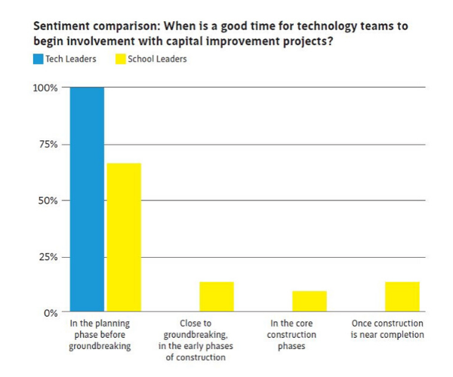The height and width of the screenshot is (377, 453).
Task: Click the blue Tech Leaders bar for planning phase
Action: coord(87,199)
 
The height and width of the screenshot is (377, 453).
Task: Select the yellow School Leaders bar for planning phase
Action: coord(124,237)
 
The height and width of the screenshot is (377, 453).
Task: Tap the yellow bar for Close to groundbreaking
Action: coord(217,296)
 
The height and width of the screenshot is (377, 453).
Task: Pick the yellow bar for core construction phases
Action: coord(310,301)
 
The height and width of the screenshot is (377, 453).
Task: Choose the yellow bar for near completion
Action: coord(402,296)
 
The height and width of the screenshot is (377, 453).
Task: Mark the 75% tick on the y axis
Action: coord(48,144)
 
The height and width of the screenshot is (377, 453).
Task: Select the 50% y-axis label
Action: coord(48,201)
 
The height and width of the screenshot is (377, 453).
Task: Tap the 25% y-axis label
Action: coord(48,257)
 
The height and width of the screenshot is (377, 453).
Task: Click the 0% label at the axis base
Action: coord(51,312)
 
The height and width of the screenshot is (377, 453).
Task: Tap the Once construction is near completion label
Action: coord(388,329)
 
